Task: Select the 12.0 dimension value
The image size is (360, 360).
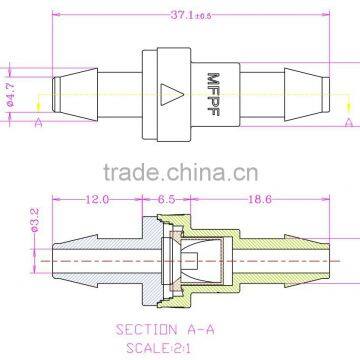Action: click(x=97, y=200)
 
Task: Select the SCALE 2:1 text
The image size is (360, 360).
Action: click(x=171, y=347)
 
